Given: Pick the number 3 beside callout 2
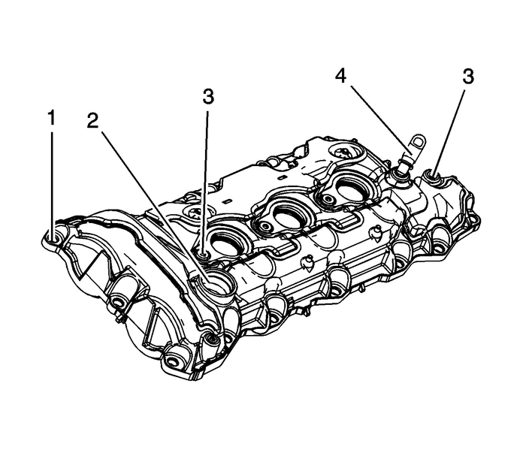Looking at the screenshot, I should point(208,97).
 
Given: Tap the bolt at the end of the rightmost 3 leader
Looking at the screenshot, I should point(434,178).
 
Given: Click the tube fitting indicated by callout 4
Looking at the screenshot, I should point(400,171).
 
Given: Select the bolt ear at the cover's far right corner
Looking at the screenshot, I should point(472,220).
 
